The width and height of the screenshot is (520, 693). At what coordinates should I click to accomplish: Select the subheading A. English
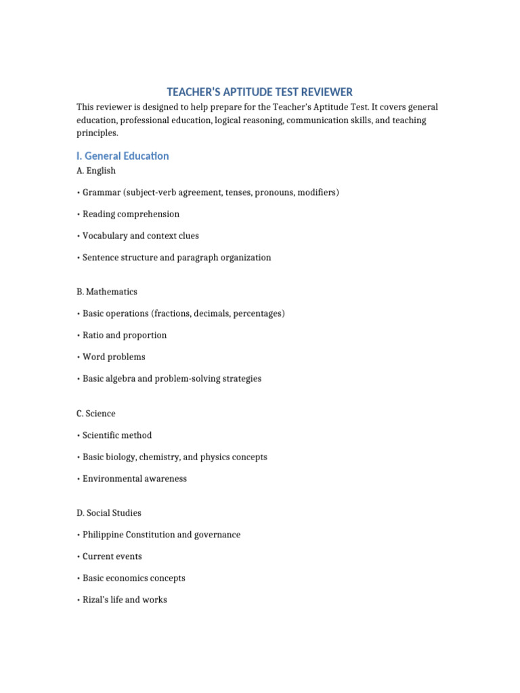point(96,171)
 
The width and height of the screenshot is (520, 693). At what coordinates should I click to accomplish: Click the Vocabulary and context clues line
point(141,236)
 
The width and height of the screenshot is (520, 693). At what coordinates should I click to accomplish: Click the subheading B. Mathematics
point(107,292)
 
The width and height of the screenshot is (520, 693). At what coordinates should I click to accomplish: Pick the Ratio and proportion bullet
point(125,335)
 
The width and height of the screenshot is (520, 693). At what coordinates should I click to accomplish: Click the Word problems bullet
point(114,357)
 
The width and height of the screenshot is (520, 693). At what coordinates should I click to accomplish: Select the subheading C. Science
point(96,413)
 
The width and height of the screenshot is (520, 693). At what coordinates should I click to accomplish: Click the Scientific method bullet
point(117,435)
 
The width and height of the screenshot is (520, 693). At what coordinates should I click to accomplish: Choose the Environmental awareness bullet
point(135,478)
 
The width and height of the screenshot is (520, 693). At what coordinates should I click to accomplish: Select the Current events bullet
point(112,556)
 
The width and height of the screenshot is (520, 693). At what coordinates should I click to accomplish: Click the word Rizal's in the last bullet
point(96,600)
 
